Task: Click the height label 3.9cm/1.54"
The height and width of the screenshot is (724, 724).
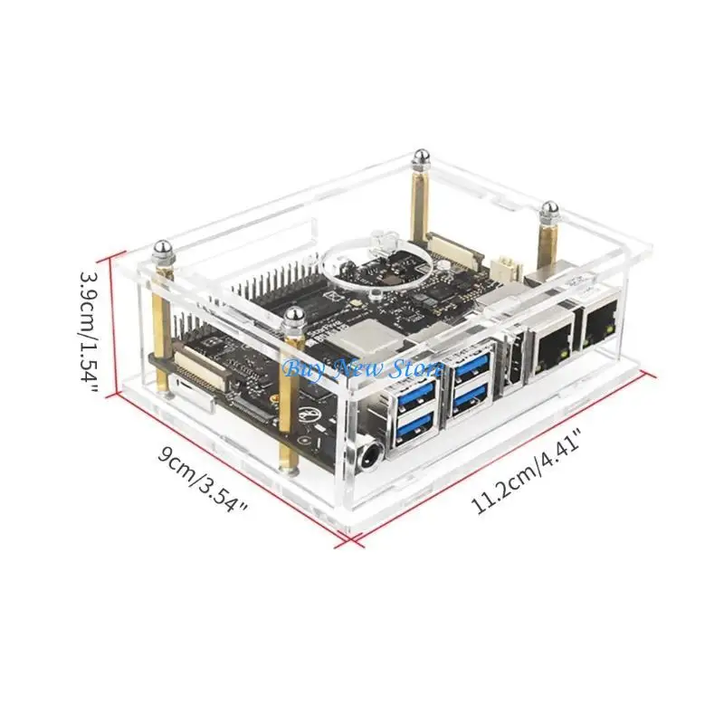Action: click(88, 327)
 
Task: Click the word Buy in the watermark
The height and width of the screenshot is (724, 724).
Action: click(300, 368)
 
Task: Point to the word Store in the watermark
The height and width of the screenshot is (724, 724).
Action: click(416, 368)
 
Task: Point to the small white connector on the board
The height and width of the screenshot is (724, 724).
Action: click(503, 267)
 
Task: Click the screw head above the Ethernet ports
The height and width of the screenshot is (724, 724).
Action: click(549, 211)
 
